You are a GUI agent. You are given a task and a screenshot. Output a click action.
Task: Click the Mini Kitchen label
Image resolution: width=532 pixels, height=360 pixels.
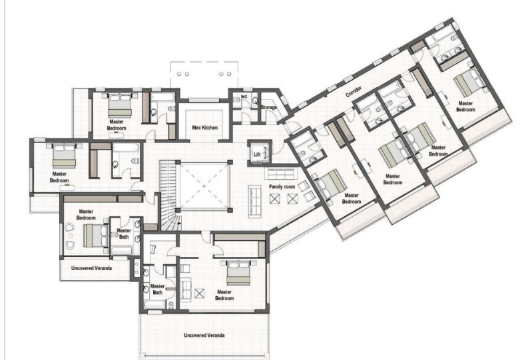[204, 128]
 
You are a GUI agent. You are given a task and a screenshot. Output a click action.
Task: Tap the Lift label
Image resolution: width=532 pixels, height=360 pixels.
[257, 154]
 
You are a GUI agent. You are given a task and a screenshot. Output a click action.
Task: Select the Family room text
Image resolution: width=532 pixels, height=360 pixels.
[282, 187]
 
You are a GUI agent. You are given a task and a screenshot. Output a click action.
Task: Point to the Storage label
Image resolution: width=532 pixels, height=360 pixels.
[269, 107]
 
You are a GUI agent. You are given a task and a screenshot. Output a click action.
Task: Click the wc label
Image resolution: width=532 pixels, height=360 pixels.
[244, 96]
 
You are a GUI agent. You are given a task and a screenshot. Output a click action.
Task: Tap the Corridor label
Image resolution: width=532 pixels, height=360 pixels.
[354, 92]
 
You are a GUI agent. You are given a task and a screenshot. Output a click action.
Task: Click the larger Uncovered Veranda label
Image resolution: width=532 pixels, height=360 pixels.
[204, 335]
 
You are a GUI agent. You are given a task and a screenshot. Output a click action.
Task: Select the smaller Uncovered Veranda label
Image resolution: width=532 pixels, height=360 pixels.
[92, 268]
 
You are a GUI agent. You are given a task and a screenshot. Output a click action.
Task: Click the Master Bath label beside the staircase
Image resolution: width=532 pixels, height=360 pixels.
[124, 234]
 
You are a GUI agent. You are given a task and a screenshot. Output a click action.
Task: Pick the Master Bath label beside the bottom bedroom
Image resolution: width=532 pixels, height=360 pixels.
[157, 289]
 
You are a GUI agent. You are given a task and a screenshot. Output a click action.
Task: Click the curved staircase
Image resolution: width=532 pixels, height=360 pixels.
[168, 196]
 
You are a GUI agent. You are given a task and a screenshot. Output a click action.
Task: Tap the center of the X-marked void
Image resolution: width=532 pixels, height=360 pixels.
[204, 186]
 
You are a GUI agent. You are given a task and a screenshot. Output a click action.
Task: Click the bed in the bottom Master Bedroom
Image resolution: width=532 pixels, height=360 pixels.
[238, 272]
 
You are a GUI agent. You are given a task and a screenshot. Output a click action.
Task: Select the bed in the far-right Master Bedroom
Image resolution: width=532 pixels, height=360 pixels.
[469, 83]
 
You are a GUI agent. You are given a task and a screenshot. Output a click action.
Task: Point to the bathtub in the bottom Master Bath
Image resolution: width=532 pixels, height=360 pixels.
[154, 304]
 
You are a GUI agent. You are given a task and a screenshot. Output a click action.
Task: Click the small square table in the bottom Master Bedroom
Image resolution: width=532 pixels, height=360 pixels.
[200, 293]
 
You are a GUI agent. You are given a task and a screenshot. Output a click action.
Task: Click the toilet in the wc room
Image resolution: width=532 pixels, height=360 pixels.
[255, 100]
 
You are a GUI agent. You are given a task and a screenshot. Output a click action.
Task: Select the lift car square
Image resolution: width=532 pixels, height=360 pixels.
[260, 153]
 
